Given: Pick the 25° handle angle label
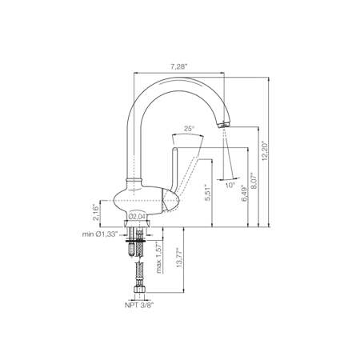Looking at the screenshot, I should click(x=189, y=128).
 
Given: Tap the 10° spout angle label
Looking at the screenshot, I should click(x=230, y=186).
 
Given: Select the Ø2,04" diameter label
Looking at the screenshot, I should click(x=138, y=216).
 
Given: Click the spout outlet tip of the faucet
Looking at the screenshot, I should click(x=224, y=125).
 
